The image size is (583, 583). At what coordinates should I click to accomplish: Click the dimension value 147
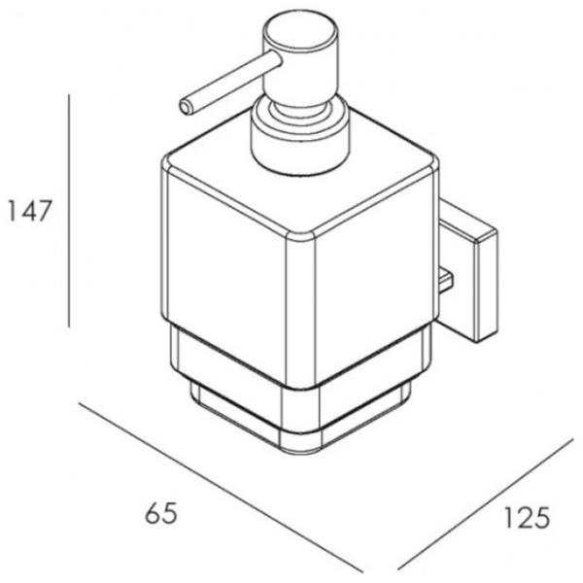point(29,211)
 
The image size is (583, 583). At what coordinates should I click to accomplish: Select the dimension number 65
point(161,513)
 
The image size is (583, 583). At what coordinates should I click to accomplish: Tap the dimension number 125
point(526,518)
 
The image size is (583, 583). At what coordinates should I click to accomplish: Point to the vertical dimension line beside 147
point(69,211)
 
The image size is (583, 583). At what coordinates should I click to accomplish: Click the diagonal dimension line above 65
point(221,488)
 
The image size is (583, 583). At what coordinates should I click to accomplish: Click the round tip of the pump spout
point(186,107)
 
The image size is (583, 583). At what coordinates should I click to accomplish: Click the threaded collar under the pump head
point(300,138)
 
